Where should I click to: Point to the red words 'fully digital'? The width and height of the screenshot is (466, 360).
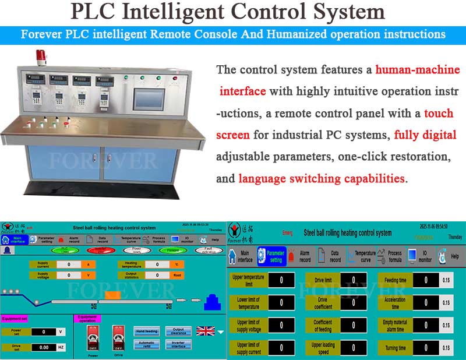point(425,135)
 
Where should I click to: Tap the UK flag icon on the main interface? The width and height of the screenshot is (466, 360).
point(206,331)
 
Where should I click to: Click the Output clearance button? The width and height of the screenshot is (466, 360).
point(178,331)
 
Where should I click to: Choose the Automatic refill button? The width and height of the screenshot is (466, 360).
point(147,344)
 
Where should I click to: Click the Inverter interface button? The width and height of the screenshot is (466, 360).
point(178,344)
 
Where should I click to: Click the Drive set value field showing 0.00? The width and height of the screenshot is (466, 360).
point(44,347)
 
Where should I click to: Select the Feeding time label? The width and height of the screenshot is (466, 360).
point(396,280)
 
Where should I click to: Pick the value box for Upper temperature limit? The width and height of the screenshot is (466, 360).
point(282,280)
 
